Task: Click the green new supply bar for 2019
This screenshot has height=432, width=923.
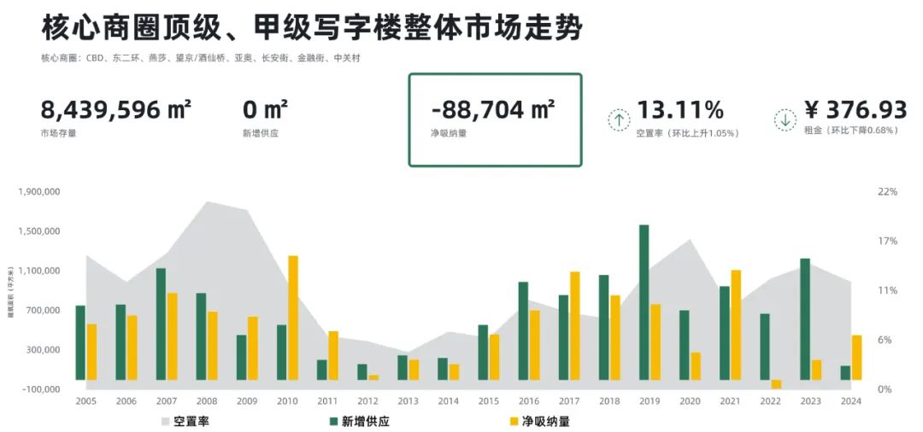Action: [x=644, y=302]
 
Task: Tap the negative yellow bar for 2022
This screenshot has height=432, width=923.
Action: [x=776, y=384]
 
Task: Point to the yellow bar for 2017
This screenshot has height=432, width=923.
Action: [x=575, y=325]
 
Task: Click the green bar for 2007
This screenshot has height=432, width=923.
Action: [x=161, y=324]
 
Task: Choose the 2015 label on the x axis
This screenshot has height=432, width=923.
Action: [x=489, y=400]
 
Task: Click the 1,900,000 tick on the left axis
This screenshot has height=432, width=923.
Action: [x=38, y=192]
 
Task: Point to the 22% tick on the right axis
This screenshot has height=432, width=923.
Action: [x=887, y=192]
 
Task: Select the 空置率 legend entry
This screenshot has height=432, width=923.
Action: [x=184, y=421]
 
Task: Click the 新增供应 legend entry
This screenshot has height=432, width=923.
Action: [x=359, y=421]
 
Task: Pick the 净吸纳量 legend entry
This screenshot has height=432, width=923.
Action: [x=538, y=421]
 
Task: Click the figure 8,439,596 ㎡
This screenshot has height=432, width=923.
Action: [x=115, y=110]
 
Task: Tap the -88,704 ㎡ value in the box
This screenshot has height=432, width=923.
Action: [x=493, y=110]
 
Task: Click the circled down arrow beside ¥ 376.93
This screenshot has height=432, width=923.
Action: [x=785, y=120]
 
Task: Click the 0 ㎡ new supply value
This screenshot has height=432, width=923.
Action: [x=265, y=110]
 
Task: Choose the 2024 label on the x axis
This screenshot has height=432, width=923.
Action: [x=850, y=400]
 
